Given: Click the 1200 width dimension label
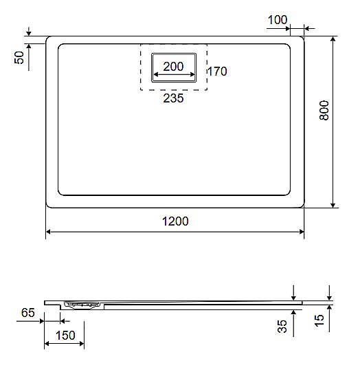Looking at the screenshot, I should click(x=175, y=221).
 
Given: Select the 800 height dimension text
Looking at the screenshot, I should click(x=325, y=111).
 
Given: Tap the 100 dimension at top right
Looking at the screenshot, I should click(x=278, y=20).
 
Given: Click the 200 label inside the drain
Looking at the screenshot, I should click(x=174, y=67).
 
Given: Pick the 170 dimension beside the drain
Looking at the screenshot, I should click(x=216, y=71).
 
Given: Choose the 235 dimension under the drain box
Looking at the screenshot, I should click(x=174, y=98).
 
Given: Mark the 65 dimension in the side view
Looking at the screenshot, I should click(x=27, y=314).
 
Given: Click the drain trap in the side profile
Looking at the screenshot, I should click(x=81, y=305).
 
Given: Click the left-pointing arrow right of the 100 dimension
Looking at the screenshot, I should click(x=306, y=28).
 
